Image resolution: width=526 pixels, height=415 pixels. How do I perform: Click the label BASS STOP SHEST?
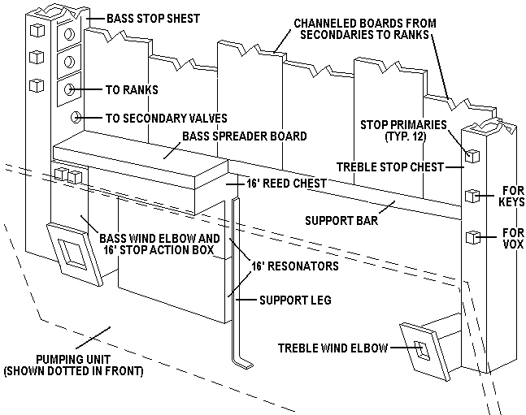(144, 17)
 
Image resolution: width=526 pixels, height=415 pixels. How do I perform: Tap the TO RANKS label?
(132, 90)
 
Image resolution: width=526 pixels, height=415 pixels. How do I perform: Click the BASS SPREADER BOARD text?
(245, 136)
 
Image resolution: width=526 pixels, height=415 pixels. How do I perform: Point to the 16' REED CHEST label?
(286, 184)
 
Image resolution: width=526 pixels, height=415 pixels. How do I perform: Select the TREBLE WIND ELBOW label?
(332, 347)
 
